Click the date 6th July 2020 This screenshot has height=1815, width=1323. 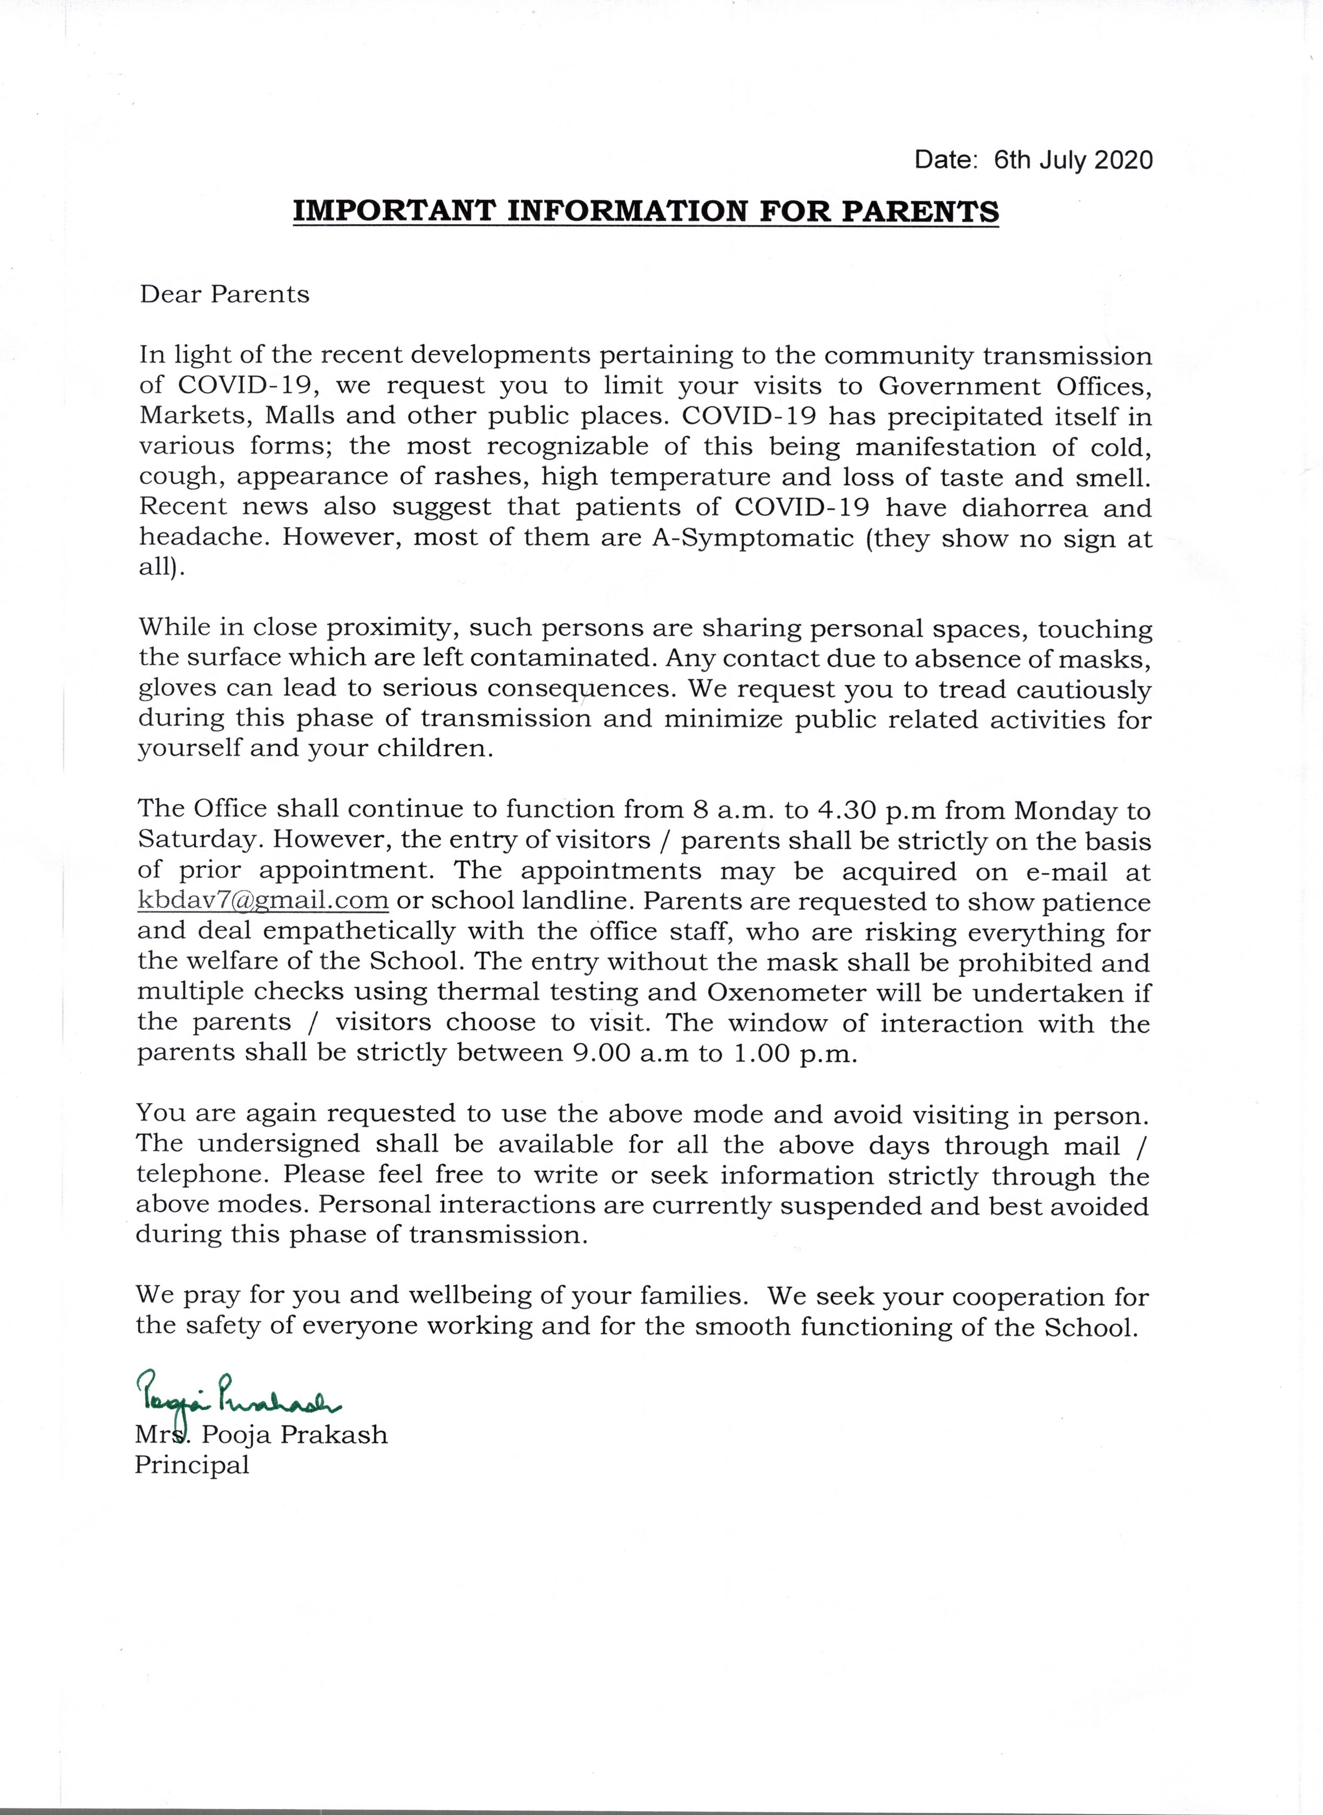pos(1073,160)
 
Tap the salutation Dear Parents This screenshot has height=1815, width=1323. pos(224,295)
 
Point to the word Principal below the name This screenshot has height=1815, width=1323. pos(192,1465)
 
